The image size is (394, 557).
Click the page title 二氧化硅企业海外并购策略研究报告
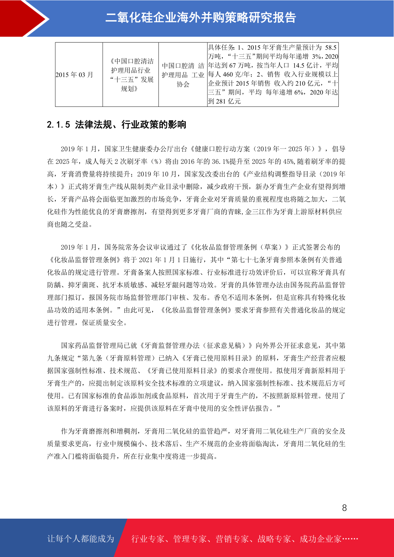[200, 18]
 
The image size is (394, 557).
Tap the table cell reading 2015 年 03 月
[74, 75]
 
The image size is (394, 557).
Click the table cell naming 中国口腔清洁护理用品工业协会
[183, 75]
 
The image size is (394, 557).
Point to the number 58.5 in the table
[330, 48]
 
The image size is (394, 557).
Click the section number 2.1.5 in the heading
[59, 125]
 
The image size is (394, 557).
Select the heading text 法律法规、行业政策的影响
[131, 125]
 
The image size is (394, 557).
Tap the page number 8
[344, 508]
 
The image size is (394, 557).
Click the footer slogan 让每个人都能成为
[81, 539]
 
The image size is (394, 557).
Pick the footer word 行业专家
[148, 539]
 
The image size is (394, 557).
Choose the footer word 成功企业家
[320, 539]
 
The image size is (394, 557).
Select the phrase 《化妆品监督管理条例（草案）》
[240, 247]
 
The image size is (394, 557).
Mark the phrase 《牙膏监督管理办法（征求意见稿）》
[197, 346]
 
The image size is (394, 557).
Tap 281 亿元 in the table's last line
[228, 102]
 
